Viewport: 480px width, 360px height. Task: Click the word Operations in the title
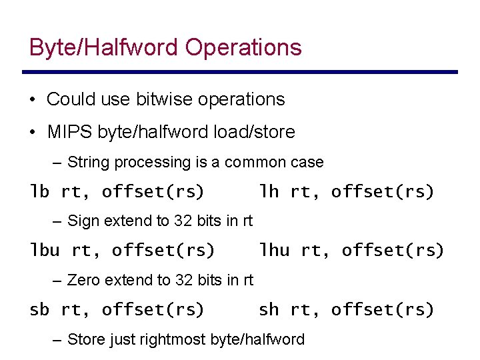(x=243, y=47)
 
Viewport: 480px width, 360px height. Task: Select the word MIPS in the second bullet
(x=70, y=132)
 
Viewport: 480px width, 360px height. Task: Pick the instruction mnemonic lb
(x=40, y=192)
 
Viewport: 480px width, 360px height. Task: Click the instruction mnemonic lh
(x=269, y=192)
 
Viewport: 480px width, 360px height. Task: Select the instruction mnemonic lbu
(x=45, y=251)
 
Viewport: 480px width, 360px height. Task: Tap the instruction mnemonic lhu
(x=274, y=251)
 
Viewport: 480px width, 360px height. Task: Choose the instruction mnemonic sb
(x=40, y=309)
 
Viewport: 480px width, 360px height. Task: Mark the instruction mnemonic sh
(x=269, y=309)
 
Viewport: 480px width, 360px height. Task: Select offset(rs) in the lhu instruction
(x=393, y=251)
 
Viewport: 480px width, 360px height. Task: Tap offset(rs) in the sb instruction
(x=153, y=309)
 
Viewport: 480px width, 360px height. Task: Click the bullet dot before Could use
(x=32, y=100)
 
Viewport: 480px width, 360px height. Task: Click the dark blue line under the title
(x=240, y=72)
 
